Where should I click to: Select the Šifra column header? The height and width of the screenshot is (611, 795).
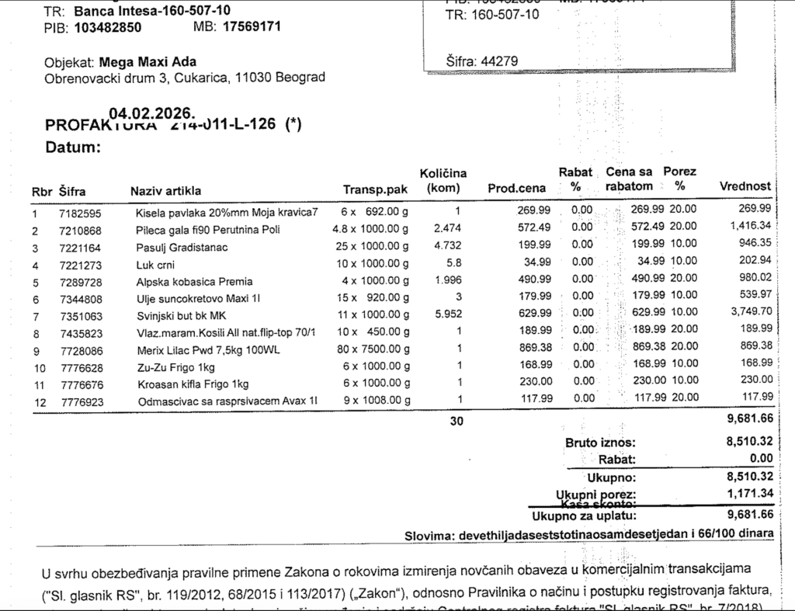pyautogui.click(x=72, y=190)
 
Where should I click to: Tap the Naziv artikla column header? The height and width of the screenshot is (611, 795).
pyautogui.click(x=166, y=190)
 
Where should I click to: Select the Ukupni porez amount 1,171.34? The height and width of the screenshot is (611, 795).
pyautogui.click(x=749, y=493)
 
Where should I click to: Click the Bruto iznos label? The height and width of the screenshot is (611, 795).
pyautogui.click(x=600, y=443)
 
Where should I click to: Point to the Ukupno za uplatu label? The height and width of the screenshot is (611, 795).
pyautogui.click(x=584, y=515)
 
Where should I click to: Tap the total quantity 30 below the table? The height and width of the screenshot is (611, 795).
pyautogui.click(x=457, y=421)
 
